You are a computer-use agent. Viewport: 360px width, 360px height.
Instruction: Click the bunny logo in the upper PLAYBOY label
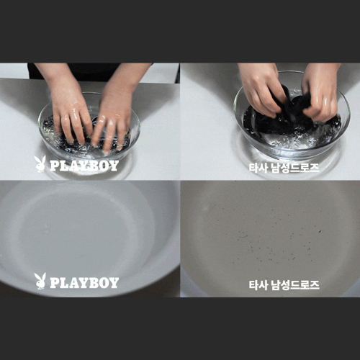(40, 163)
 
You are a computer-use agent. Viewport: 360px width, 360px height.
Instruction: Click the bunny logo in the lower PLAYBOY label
(40, 281)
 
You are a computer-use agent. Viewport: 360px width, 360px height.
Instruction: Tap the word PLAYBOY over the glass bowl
(84, 166)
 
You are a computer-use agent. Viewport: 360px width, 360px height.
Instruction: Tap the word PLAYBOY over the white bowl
(84, 283)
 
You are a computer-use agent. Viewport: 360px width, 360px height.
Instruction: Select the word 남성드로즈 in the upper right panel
(295, 168)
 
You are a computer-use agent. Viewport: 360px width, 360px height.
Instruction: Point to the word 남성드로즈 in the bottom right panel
(295, 285)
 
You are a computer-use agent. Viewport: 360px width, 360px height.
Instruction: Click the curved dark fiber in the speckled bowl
(243, 237)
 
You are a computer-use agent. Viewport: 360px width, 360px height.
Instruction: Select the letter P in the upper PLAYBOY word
(54, 166)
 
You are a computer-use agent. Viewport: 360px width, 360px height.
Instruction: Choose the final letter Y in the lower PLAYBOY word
(114, 283)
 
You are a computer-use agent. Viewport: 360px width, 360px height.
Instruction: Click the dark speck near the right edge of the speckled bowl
(320, 232)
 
